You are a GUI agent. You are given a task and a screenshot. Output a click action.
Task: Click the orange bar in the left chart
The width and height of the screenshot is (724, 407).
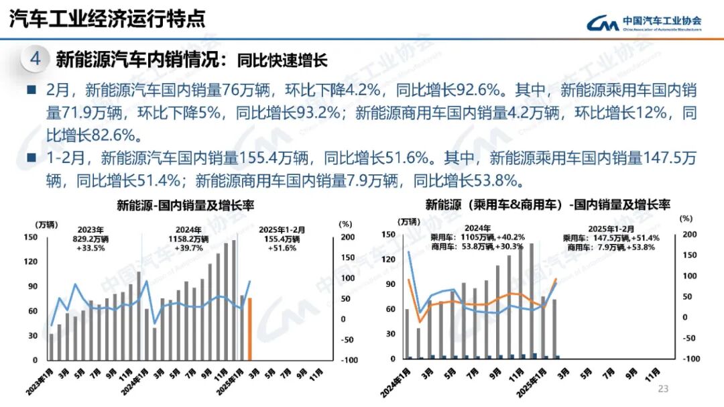click(250, 329)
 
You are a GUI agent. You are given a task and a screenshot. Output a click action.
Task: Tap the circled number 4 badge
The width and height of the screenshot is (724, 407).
click(36, 60)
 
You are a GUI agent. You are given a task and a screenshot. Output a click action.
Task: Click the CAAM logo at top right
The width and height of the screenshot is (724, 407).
click(644, 24)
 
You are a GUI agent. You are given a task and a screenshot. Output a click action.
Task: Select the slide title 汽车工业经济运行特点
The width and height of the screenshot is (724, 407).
click(107, 19)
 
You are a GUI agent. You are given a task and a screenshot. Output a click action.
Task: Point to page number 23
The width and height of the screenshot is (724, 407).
click(664, 389)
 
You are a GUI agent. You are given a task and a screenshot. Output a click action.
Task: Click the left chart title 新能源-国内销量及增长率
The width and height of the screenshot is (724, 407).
click(176, 205)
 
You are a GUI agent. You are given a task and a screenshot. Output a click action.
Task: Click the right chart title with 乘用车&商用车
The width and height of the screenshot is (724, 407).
click(548, 205)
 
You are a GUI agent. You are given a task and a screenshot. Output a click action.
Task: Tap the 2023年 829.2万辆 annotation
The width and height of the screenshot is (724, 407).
click(91, 238)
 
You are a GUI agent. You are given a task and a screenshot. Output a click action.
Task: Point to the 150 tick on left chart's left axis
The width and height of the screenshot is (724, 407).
click(30, 237)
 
